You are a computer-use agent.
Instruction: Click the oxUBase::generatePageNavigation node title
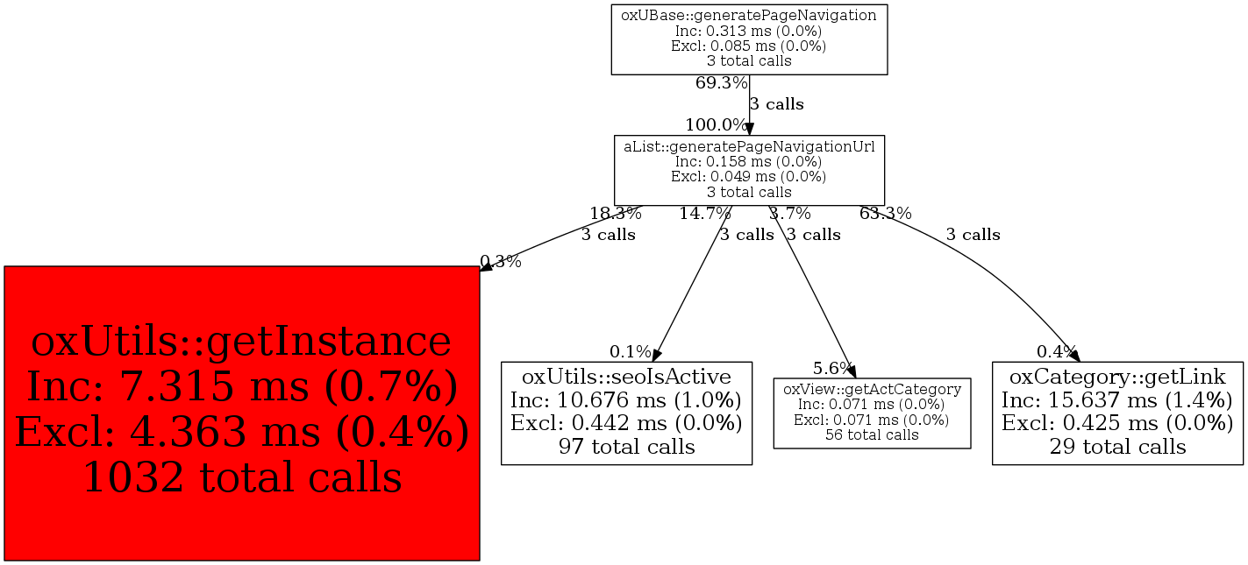pyautogui.click(x=749, y=15)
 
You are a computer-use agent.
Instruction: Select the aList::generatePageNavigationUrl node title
pyautogui.click(x=749, y=146)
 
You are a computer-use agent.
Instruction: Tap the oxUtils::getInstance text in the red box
pyautogui.click(x=241, y=342)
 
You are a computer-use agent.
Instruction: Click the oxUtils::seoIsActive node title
pyautogui.click(x=626, y=377)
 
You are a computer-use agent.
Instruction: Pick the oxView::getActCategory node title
pyautogui.click(x=872, y=388)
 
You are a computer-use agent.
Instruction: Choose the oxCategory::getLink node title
pyautogui.click(x=1117, y=377)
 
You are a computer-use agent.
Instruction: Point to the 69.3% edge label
pyautogui.click(x=721, y=83)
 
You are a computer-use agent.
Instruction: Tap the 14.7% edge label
pyautogui.click(x=704, y=213)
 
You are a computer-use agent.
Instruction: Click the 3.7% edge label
pyautogui.click(x=789, y=213)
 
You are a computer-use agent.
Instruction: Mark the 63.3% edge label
pyautogui.click(x=885, y=213)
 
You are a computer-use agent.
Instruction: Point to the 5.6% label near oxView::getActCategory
pyautogui.click(x=832, y=368)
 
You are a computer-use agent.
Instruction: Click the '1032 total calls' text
pyautogui.click(x=242, y=477)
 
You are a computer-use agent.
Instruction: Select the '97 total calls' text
pyautogui.click(x=626, y=447)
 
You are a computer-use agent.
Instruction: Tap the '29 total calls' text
pyautogui.click(x=1117, y=447)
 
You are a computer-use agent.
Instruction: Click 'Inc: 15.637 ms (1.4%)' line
pyautogui.click(x=1117, y=400)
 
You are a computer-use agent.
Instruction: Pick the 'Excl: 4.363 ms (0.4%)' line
pyautogui.click(x=242, y=432)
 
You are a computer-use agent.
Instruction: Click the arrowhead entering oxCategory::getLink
pyautogui.click(x=1075, y=357)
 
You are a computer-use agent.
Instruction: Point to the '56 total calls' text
pyautogui.click(x=872, y=434)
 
